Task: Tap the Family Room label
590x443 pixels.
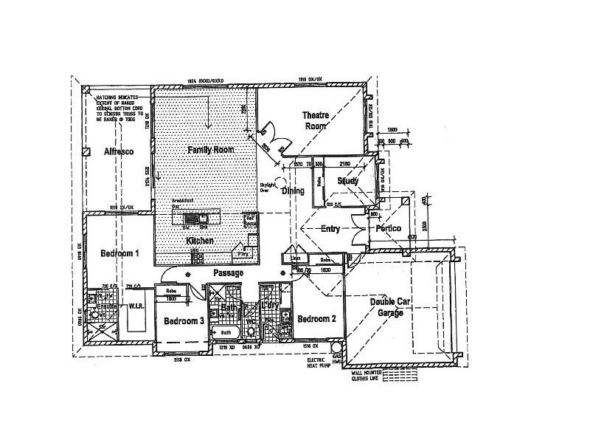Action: pos(210,149)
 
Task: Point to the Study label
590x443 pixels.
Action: pos(347,181)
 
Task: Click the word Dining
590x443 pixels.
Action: pos(292,190)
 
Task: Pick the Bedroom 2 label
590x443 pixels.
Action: pos(317,319)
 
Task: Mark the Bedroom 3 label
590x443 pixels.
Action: pos(184,321)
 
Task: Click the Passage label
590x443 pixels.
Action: pos(228,272)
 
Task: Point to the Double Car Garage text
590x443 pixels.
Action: pos(391,307)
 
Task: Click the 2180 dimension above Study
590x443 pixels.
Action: pos(344,164)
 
